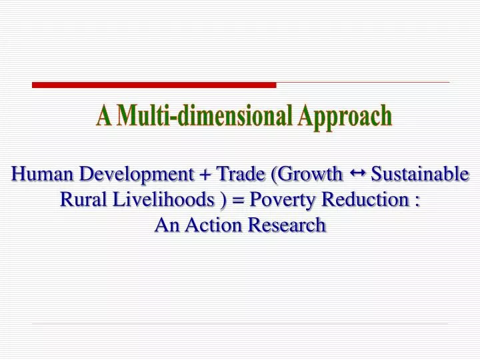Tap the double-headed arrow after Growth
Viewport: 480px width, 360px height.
tap(357, 173)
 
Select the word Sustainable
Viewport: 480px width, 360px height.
tap(420, 175)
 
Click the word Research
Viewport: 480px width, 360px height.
tap(287, 225)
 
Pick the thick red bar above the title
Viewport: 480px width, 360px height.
tap(154, 85)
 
